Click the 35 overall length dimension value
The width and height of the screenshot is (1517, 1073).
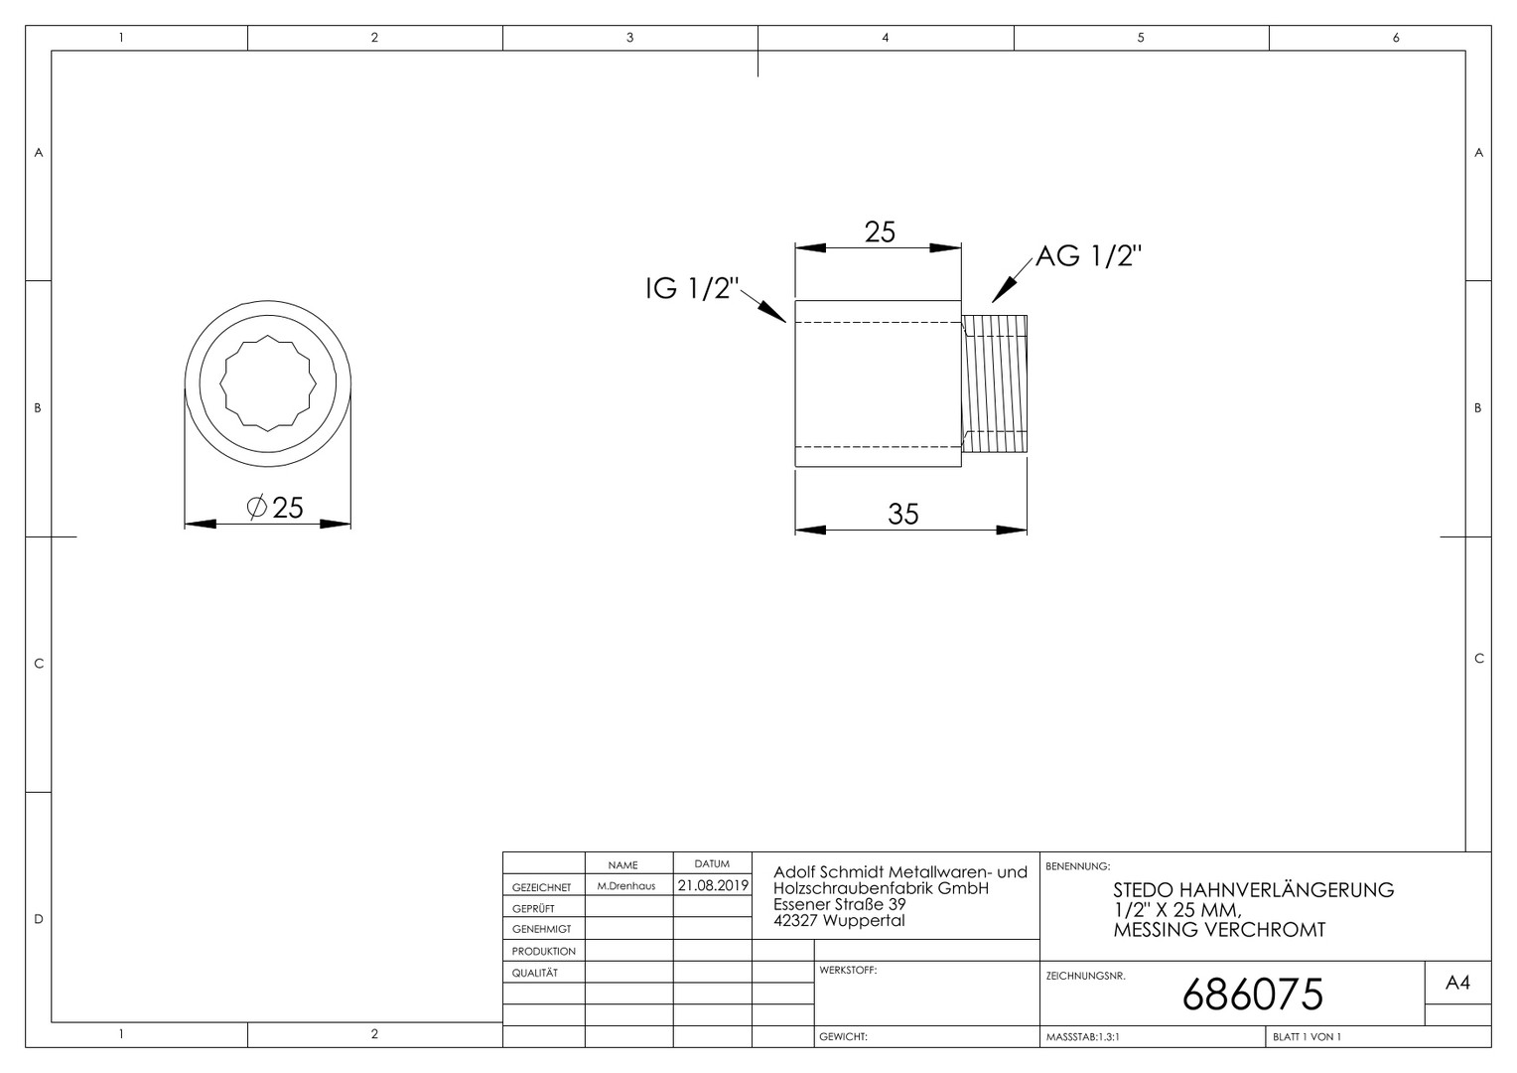[x=902, y=514]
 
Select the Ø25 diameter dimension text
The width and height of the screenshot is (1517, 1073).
[x=275, y=508]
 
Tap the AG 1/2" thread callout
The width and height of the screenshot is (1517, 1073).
[x=1088, y=256]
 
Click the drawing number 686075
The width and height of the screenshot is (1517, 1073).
[x=1252, y=996]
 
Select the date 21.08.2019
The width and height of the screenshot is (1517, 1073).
[x=713, y=885]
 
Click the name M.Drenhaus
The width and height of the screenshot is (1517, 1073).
[x=625, y=886]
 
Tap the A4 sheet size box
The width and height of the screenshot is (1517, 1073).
[x=1457, y=983]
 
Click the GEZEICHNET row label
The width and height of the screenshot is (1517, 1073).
[x=541, y=887]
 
